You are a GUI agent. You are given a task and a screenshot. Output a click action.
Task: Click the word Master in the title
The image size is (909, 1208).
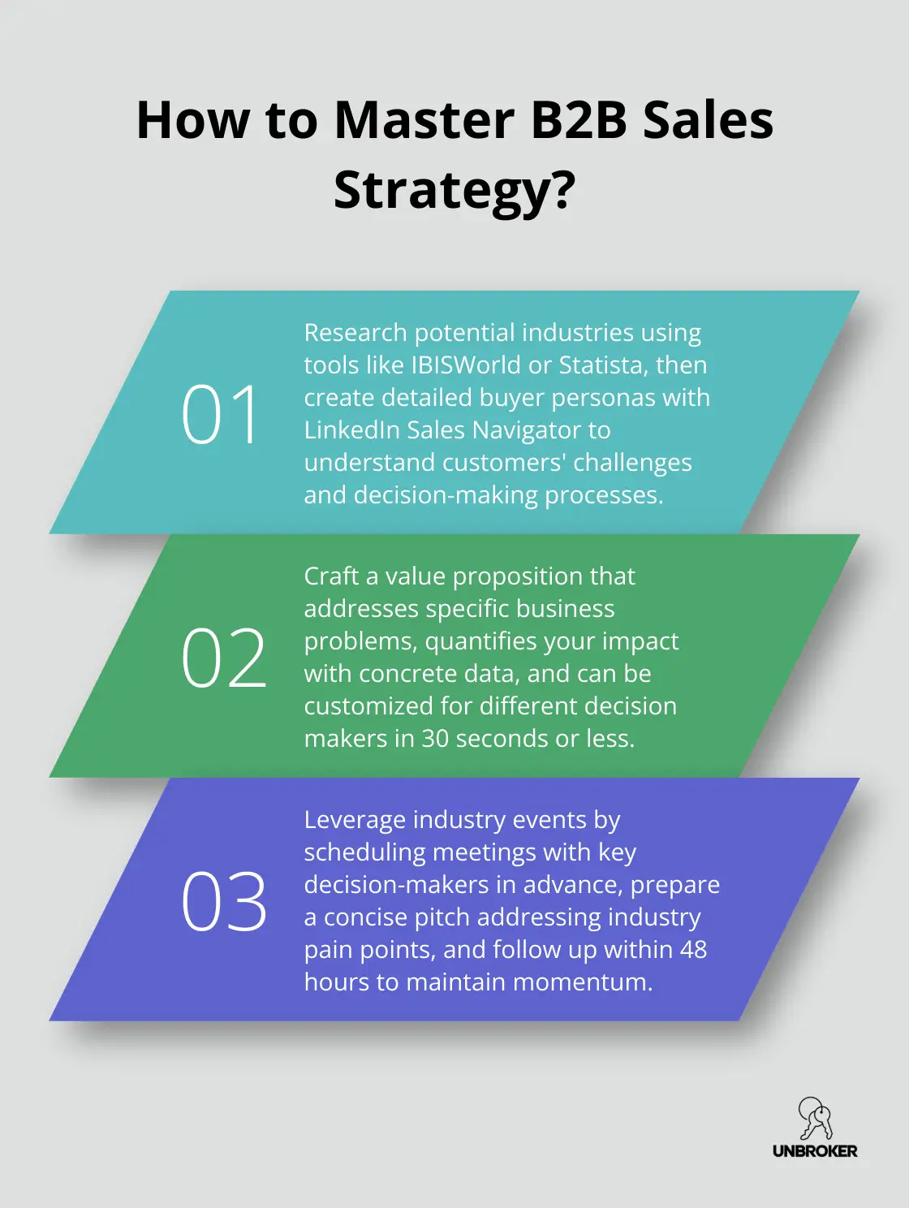(424, 120)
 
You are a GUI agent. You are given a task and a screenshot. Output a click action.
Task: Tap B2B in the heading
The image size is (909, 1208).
(579, 120)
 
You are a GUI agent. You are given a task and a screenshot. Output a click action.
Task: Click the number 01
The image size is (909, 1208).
(220, 415)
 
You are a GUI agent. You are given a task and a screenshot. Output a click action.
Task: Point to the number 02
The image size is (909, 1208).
(223, 658)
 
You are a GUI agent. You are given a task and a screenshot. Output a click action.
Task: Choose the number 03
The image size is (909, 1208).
(223, 902)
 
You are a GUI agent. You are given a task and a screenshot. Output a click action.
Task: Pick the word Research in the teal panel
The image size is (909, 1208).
(355, 333)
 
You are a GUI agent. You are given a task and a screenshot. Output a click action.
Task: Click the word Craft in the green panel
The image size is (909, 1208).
(331, 576)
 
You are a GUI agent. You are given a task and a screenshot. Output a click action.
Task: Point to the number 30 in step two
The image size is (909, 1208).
(435, 739)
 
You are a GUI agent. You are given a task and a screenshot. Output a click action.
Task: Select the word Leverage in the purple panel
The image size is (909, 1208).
(355, 820)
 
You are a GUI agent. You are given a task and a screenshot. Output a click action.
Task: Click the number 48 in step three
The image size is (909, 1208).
(693, 950)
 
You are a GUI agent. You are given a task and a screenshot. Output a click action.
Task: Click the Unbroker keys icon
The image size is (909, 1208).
(814, 1118)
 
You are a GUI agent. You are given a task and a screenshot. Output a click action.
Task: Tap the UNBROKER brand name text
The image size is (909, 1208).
(815, 1151)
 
